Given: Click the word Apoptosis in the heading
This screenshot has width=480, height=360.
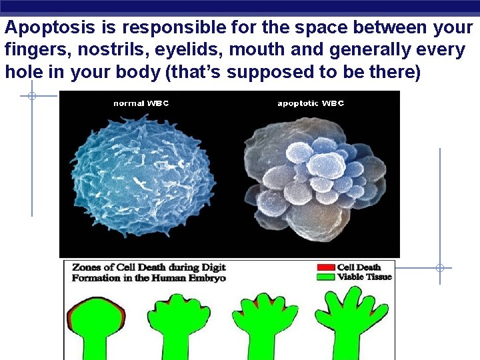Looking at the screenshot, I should click(48, 29).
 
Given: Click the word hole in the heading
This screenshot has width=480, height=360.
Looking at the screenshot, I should click(23, 71).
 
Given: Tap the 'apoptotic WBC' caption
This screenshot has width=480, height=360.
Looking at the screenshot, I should click(311, 103).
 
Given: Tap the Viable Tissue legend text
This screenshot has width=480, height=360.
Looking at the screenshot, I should click(365, 277).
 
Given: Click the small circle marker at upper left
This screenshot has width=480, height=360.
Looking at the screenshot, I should click(31, 96).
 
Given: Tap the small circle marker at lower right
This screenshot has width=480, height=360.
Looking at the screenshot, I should click(440, 268).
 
